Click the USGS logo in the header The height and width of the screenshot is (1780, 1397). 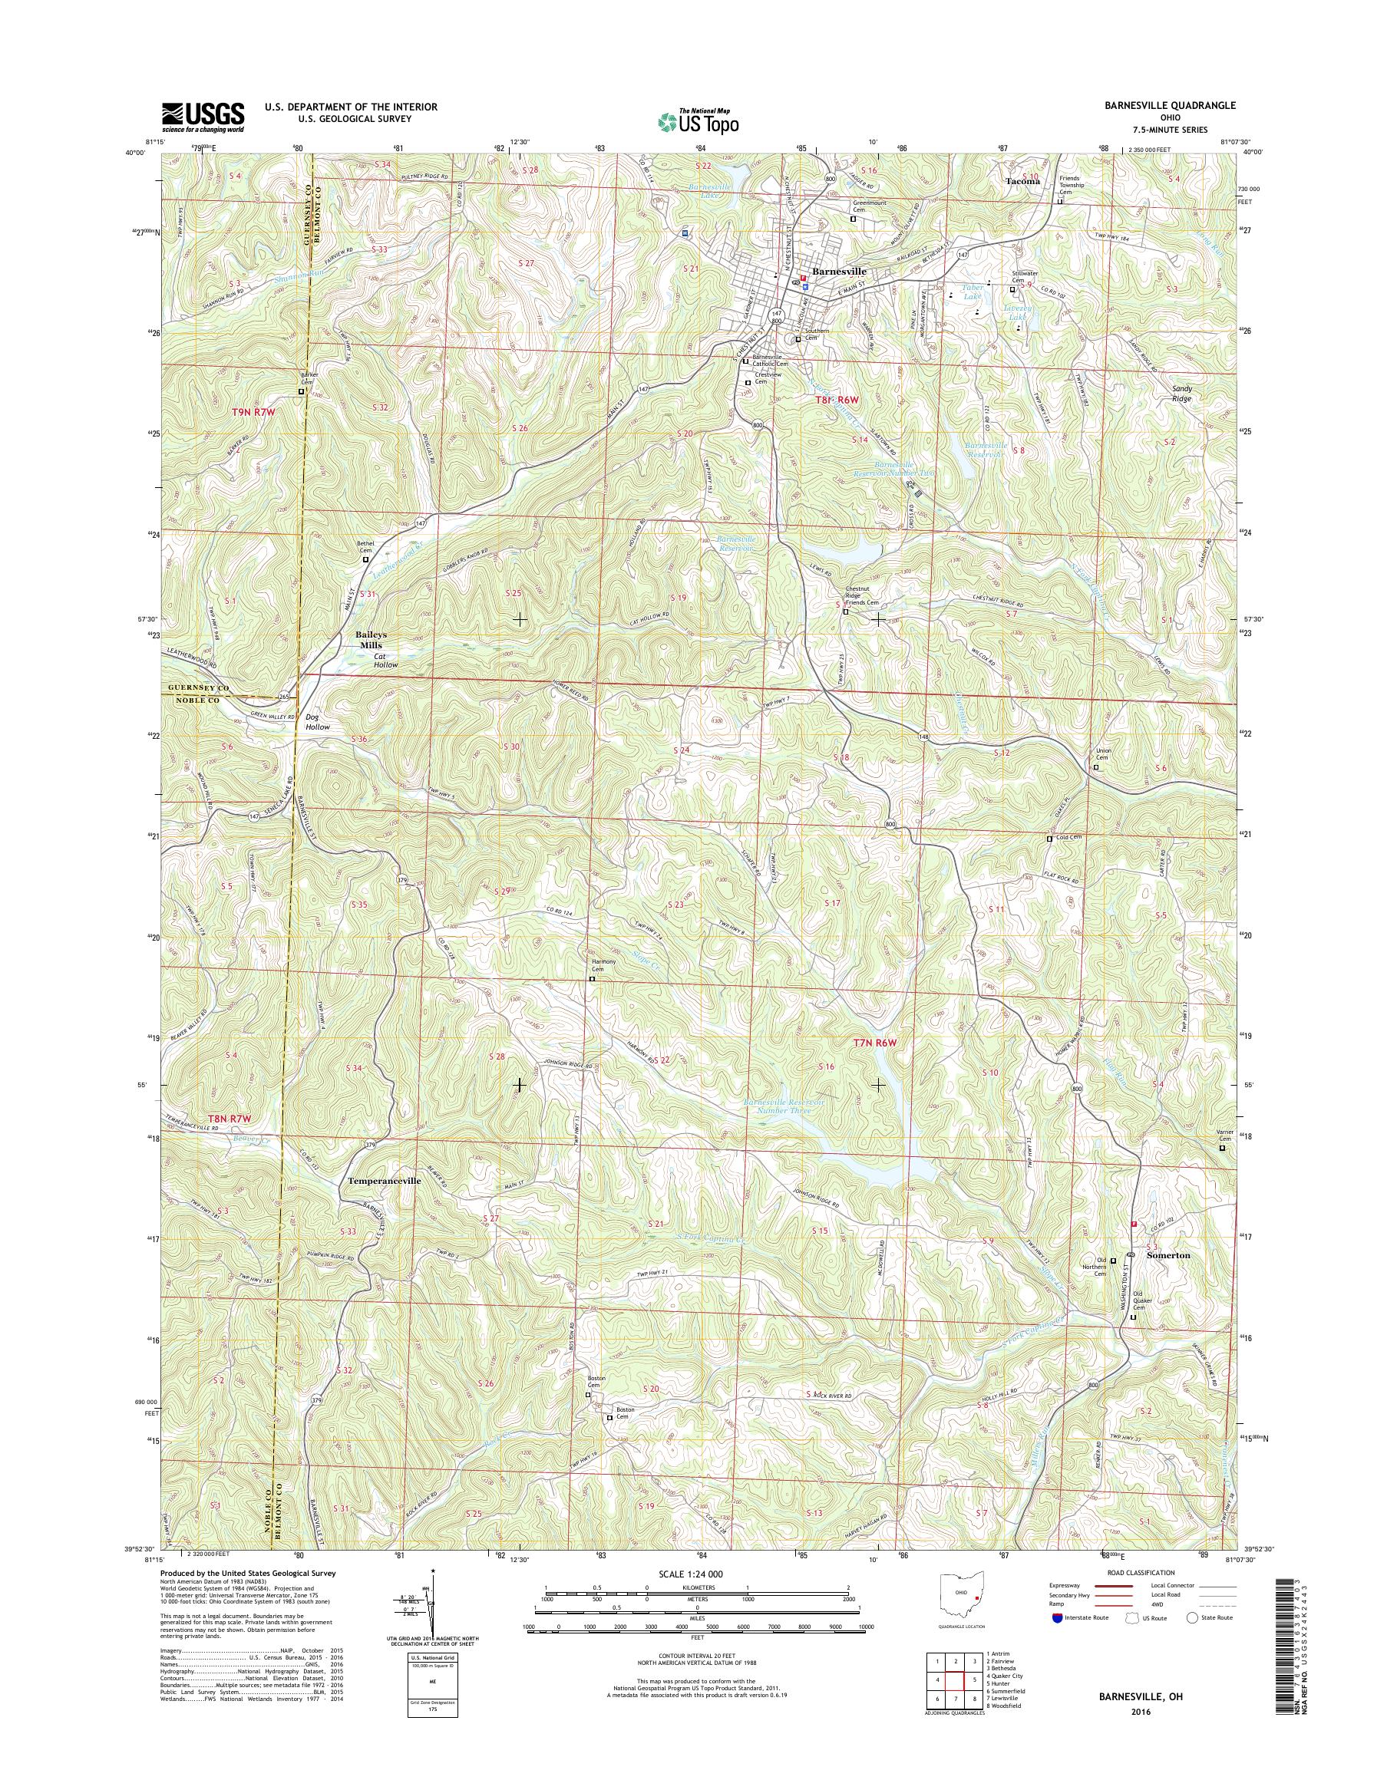pyautogui.click(x=202, y=117)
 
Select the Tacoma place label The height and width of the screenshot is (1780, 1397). pyautogui.click(x=1022, y=181)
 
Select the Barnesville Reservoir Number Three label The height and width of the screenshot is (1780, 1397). pyautogui.click(x=784, y=1106)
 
